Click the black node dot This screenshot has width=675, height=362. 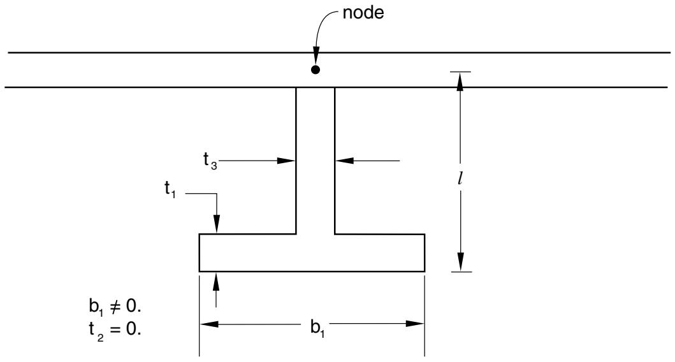pos(316,69)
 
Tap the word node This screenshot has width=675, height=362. pos(363,13)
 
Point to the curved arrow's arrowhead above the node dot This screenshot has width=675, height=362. pos(316,55)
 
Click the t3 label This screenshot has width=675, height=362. pos(210,161)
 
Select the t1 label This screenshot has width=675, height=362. pos(170,189)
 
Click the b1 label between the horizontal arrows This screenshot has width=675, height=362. pos(317,328)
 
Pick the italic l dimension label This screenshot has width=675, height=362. pos(460,179)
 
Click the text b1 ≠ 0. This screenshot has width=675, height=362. pos(115,307)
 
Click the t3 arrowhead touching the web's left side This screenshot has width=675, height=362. pos(286,161)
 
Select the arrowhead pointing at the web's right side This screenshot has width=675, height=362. pos(344,161)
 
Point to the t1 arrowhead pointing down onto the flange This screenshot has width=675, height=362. pos(217,224)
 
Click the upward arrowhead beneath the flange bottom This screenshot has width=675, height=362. pos(216,281)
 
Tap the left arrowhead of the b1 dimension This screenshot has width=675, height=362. pos(209,324)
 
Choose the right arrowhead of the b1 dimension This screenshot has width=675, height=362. pos(415,324)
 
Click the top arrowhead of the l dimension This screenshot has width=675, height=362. pos(460,82)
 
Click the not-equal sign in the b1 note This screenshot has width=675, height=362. pos(115,307)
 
